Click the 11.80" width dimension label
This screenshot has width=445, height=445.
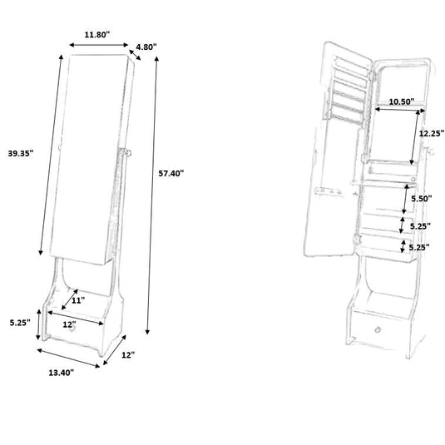[97, 35]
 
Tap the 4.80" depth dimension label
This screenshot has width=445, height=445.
[146, 47]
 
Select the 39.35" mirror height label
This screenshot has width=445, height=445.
[21, 153]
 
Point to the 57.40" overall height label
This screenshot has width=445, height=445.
[171, 173]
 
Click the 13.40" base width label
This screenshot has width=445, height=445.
[62, 373]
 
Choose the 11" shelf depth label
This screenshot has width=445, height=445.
[78, 300]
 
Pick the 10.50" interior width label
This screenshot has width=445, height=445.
[402, 101]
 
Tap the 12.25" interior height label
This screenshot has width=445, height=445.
[432, 133]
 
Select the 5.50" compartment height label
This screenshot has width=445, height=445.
[422, 198]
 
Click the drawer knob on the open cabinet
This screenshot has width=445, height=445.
[378, 329]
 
